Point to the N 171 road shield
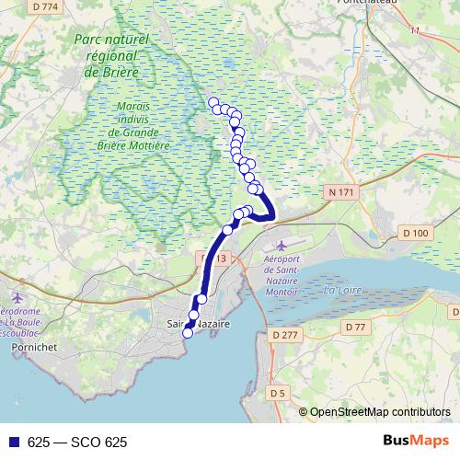tap(339, 192)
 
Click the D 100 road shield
tap(417, 234)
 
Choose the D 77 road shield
tap(355, 328)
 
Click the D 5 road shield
tap(278, 394)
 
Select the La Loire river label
tap(342, 291)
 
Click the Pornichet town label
tap(33, 349)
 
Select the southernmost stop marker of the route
tap(188, 333)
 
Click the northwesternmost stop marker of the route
tap(213, 102)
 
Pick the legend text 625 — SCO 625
tap(76, 442)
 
